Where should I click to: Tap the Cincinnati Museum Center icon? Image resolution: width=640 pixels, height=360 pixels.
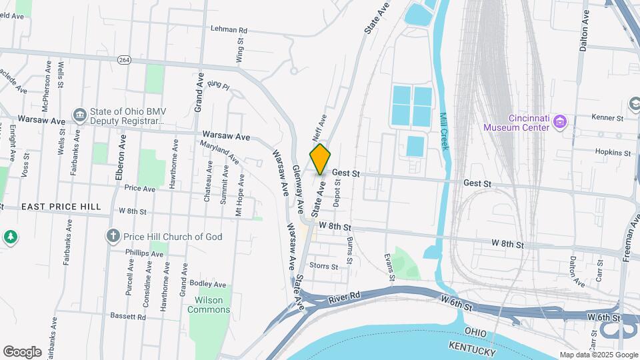point(561,121)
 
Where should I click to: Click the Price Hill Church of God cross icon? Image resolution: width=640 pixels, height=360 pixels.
point(113,236)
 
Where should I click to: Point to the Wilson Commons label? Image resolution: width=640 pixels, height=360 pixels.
point(209,305)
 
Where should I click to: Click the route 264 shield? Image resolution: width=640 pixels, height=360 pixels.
point(124,60)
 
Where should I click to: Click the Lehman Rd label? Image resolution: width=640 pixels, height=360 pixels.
point(229,30)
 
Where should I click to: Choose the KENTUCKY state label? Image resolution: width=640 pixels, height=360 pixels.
point(473,351)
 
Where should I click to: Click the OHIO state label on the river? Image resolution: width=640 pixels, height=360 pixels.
point(475,332)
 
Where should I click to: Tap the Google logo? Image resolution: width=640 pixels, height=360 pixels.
point(22,351)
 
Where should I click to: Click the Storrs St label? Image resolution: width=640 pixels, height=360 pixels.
point(325,266)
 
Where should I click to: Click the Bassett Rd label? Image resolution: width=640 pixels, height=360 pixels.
point(128,317)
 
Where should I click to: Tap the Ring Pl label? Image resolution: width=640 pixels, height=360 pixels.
point(218,85)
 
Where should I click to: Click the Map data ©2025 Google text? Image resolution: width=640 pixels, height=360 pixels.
point(597,355)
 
